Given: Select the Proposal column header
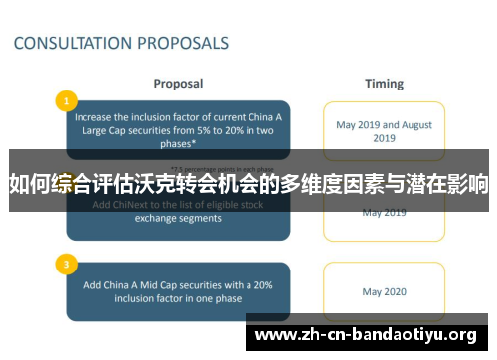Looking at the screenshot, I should (x=178, y=84).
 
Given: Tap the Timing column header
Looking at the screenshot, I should (x=384, y=84).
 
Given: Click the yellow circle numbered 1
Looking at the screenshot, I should (x=66, y=100).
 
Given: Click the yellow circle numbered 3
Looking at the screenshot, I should (x=66, y=265).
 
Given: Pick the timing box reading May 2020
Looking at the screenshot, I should (x=385, y=292).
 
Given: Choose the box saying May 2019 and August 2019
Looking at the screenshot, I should (x=385, y=131).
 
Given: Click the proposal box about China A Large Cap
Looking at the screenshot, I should (x=179, y=130).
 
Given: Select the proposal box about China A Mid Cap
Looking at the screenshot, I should (x=179, y=292).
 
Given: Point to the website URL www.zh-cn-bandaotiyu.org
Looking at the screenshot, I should (x=367, y=334).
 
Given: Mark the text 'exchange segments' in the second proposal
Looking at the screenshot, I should (x=179, y=218).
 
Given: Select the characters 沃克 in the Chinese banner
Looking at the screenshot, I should (x=165, y=184).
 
